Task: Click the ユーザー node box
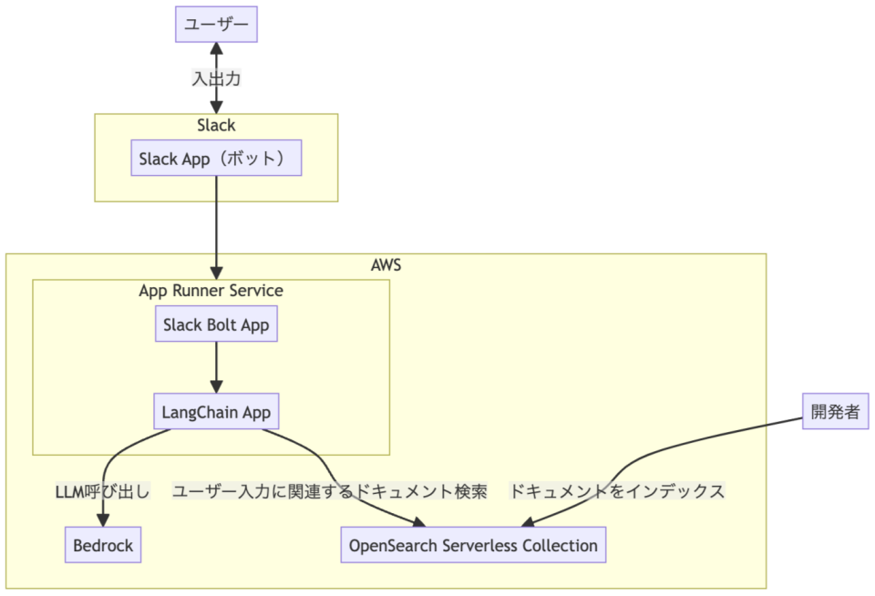tap(216, 24)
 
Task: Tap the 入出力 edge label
tap(216, 79)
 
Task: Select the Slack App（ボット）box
tap(216, 159)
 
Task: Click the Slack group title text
tap(216, 125)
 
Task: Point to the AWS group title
tap(386, 265)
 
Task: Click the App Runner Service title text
tap(211, 291)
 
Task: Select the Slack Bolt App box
tap(216, 324)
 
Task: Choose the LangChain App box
tap(216, 412)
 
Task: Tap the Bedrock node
tap(103, 546)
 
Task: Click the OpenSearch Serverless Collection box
tap(473, 546)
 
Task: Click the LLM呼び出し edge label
tap(102, 491)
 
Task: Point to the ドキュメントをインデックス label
tap(616, 491)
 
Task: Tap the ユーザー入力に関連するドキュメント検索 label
tap(329, 491)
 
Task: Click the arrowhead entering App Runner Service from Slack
tap(216, 273)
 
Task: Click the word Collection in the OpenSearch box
tap(560, 546)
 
